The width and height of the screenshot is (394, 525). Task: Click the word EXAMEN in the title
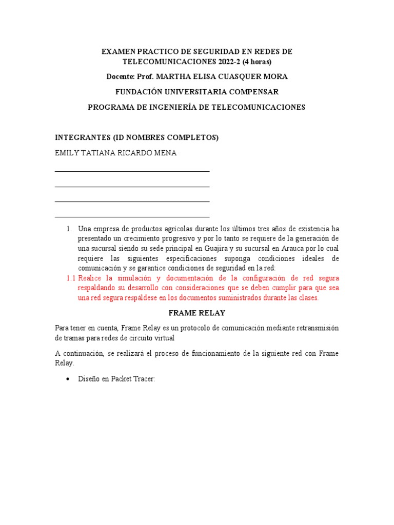pyautogui.click(x=117, y=52)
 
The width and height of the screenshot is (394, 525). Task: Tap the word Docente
pyautogui.click(x=120, y=76)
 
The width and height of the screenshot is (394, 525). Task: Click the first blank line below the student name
pyautogui.click(x=132, y=171)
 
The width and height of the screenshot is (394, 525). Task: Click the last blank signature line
pyautogui.click(x=132, y=217)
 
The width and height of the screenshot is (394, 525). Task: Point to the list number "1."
pyautogui.click(x=69, y=229)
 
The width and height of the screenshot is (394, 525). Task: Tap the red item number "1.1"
pyautogui.click(x=71, y=278)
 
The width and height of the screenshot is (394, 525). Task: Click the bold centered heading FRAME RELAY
pyautogui.click(x=196, y=313)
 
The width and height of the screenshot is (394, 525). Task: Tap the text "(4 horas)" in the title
pyautogui.click(x=255, y=62)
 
